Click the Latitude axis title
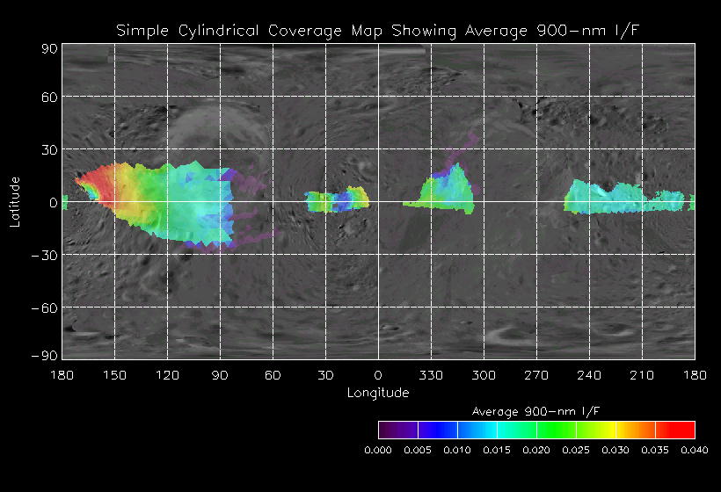[x=15, y=201]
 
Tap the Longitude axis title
[x=378, y=392]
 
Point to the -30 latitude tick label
[x=46, y=255]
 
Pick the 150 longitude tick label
[x=114, y=375]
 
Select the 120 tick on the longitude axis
[x=167, y=375]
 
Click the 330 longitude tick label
[x=431, y=375]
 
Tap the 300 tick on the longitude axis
[x=484, y=375]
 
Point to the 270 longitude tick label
[x=536, y=375]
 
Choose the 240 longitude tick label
[x=589, y=375]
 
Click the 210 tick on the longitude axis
[x=642, y=375]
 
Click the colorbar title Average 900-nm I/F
[x=535, y=411]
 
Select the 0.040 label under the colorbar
[x=694, y=450]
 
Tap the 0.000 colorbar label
[x=378, y=450]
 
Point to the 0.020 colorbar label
[x=536, y=450]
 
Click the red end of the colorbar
[x=686, y=430]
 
